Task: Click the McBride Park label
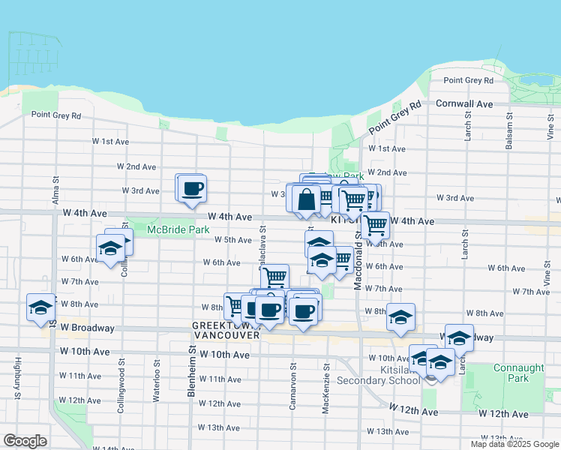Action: click(x=177, y=229)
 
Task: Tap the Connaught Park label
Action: click(x=512, y=373)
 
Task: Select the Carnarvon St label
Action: click(x=293, y=388)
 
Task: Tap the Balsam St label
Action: click(x=509, y=132)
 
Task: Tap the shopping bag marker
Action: click(x=307, y=199)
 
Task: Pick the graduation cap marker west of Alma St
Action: click(x=40, y=307)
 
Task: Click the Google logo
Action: click(x=25, y=440)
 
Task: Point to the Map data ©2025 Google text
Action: click(x=514, y=444)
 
